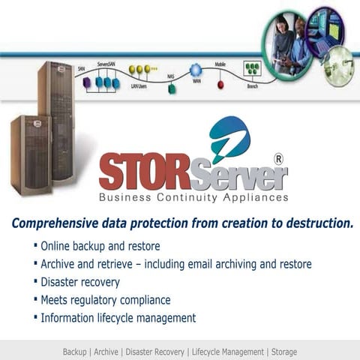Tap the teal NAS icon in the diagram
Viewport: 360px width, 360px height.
[172, 88]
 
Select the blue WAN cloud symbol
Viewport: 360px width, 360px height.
[196, 70]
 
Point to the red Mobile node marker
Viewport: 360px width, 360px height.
[220, 84]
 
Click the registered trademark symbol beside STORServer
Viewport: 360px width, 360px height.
[278, 159]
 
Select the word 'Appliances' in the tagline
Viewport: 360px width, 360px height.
[254, 198]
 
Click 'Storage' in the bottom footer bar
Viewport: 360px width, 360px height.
[284, 352]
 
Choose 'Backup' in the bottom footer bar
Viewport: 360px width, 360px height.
[74, 352]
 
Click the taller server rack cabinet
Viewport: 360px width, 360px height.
[57, 120]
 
